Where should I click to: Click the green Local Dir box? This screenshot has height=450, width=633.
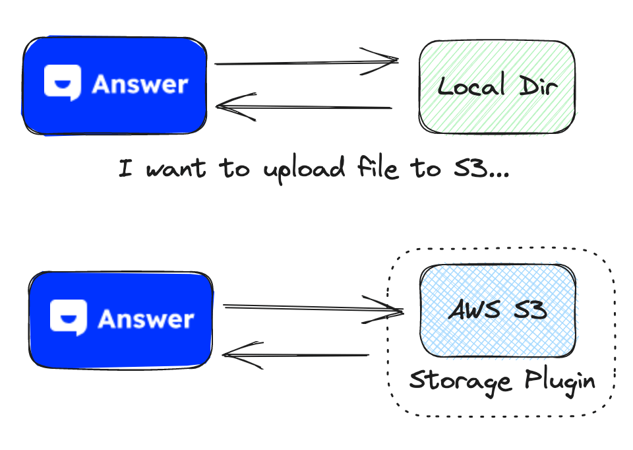[x=497, y=86]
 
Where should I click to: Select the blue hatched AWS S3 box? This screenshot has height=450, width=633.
[x=498, y=310]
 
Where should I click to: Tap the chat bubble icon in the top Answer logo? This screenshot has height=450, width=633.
[x=62, y=82]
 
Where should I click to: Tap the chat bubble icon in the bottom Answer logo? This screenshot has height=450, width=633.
[x=69, y=318]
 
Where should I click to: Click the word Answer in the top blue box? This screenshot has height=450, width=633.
[x=140, y=84]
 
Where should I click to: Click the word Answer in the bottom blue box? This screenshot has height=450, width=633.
[x=146, y=319]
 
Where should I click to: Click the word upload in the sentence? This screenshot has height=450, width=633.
[x=304, y=170]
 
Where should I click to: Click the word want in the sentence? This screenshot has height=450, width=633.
[x=175, y=169]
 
